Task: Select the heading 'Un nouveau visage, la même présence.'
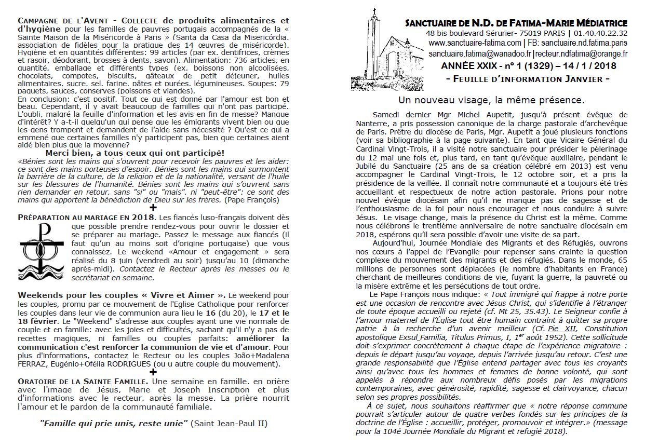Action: coord(491,100)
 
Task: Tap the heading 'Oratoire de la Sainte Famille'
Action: coord(82,381)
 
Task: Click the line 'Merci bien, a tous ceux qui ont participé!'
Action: coord(135,153)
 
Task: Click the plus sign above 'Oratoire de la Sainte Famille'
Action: coord(153,372)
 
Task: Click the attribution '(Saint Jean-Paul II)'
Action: coord(229,423)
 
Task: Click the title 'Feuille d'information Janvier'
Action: coord(528,79)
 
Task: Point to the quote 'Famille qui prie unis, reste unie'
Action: coord(114,423)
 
